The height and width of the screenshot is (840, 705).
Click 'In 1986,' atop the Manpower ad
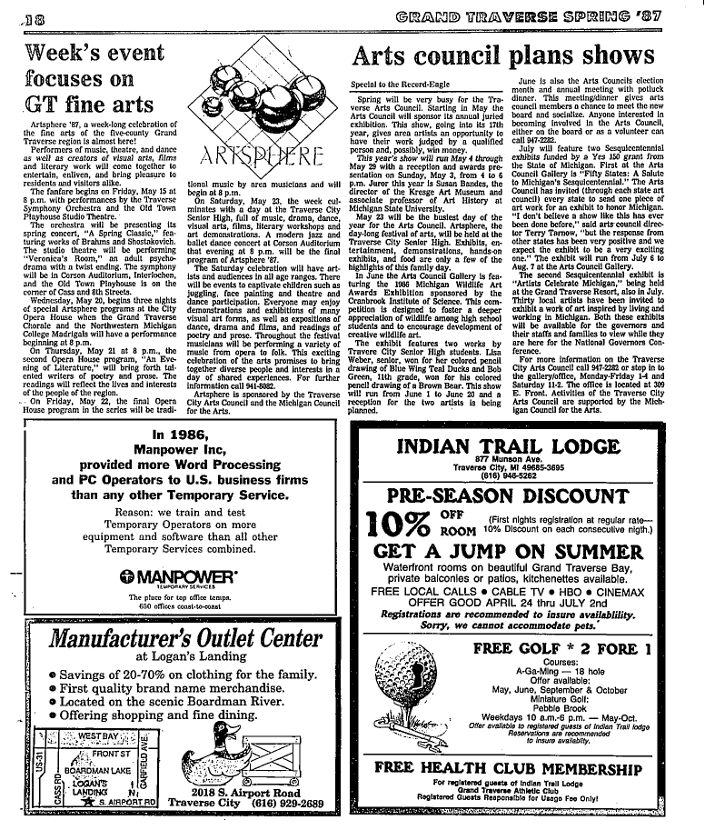coord(184,435)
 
